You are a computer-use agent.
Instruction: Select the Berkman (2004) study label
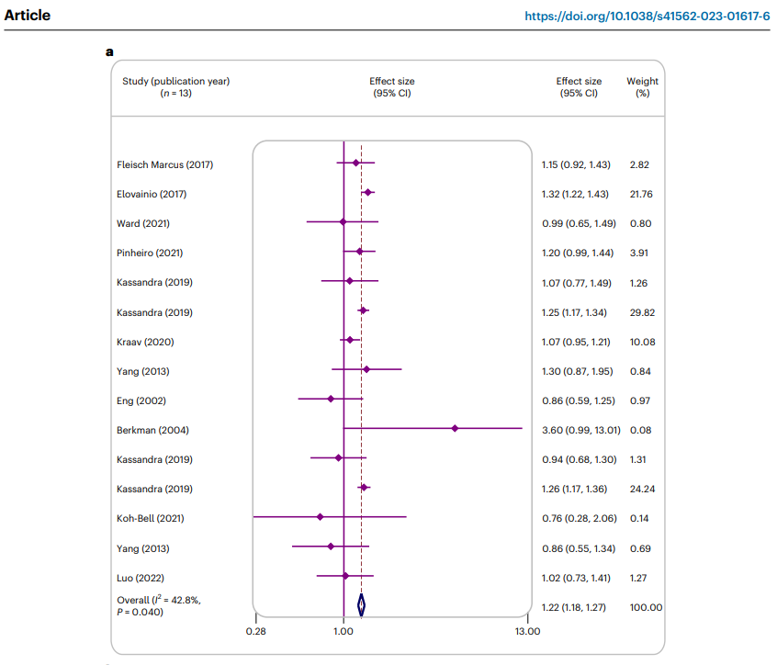pos(152,430)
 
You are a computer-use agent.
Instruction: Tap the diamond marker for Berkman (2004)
pos(455,428)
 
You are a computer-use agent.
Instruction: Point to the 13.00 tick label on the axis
pos(527,631)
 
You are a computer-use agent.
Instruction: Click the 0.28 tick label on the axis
pos(256,631)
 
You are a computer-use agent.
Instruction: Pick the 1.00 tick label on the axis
pos(343,631)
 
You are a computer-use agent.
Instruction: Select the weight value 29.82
pos(642,312)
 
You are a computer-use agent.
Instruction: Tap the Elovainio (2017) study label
pos(152,194)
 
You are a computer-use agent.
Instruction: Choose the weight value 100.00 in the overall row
pos(644,607)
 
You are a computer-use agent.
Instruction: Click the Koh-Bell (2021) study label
pos(151,518)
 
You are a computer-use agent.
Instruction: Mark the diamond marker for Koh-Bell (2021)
pos(320,517)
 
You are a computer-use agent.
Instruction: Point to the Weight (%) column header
pos(642,87)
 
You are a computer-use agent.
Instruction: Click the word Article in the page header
pos(28,16)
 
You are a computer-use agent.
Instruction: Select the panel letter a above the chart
pos(109,51)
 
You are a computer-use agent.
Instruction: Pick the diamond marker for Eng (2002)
pos(331,399)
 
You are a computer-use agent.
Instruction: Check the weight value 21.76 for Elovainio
pos(642,194)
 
